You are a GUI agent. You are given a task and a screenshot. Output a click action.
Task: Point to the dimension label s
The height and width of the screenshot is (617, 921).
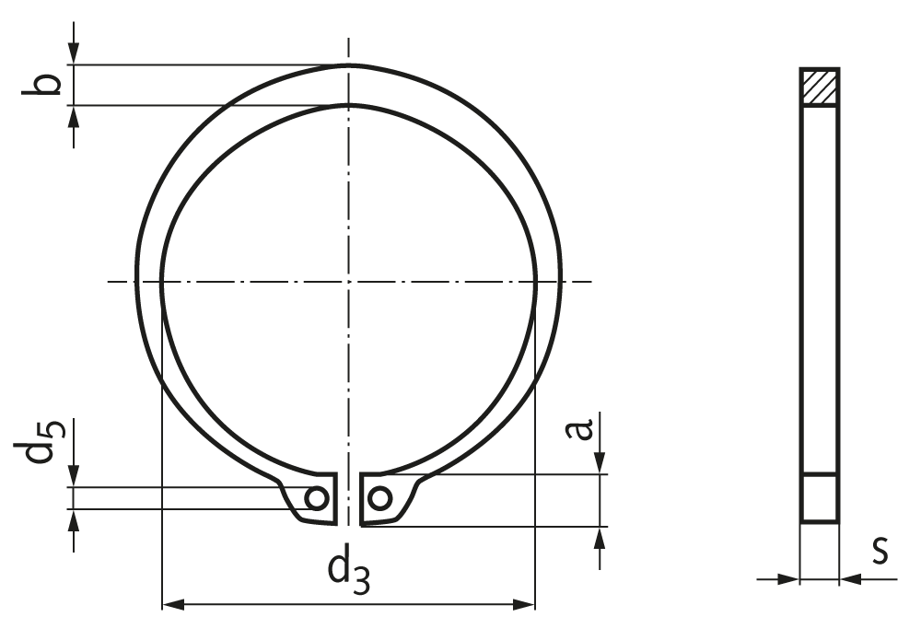point(880,551)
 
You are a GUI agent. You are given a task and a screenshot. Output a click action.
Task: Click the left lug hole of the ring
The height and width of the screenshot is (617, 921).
point(316,498)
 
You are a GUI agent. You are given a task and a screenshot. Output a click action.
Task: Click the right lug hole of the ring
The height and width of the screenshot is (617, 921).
point(379,498)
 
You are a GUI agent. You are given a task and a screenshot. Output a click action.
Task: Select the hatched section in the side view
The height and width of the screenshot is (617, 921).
point(819,87)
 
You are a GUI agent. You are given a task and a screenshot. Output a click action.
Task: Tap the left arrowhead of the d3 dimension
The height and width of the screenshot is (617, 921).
point(172,604)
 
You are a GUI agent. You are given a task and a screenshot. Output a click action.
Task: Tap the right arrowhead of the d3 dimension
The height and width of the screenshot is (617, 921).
point(525,604)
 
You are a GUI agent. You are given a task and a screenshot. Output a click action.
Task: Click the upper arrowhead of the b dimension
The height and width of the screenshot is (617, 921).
point(74,55)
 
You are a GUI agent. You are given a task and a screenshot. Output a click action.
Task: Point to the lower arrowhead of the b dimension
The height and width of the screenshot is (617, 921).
point(74,115)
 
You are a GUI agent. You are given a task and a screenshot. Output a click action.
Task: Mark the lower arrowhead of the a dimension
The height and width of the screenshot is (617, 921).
point(600,537)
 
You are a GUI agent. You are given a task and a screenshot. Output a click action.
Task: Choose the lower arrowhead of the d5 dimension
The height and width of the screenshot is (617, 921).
point(74,519)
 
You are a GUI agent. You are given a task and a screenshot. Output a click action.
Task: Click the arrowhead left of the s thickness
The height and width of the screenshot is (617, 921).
point(789,579)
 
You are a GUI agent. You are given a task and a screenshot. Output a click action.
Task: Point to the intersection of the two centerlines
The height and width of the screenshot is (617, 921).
point(348,281)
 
